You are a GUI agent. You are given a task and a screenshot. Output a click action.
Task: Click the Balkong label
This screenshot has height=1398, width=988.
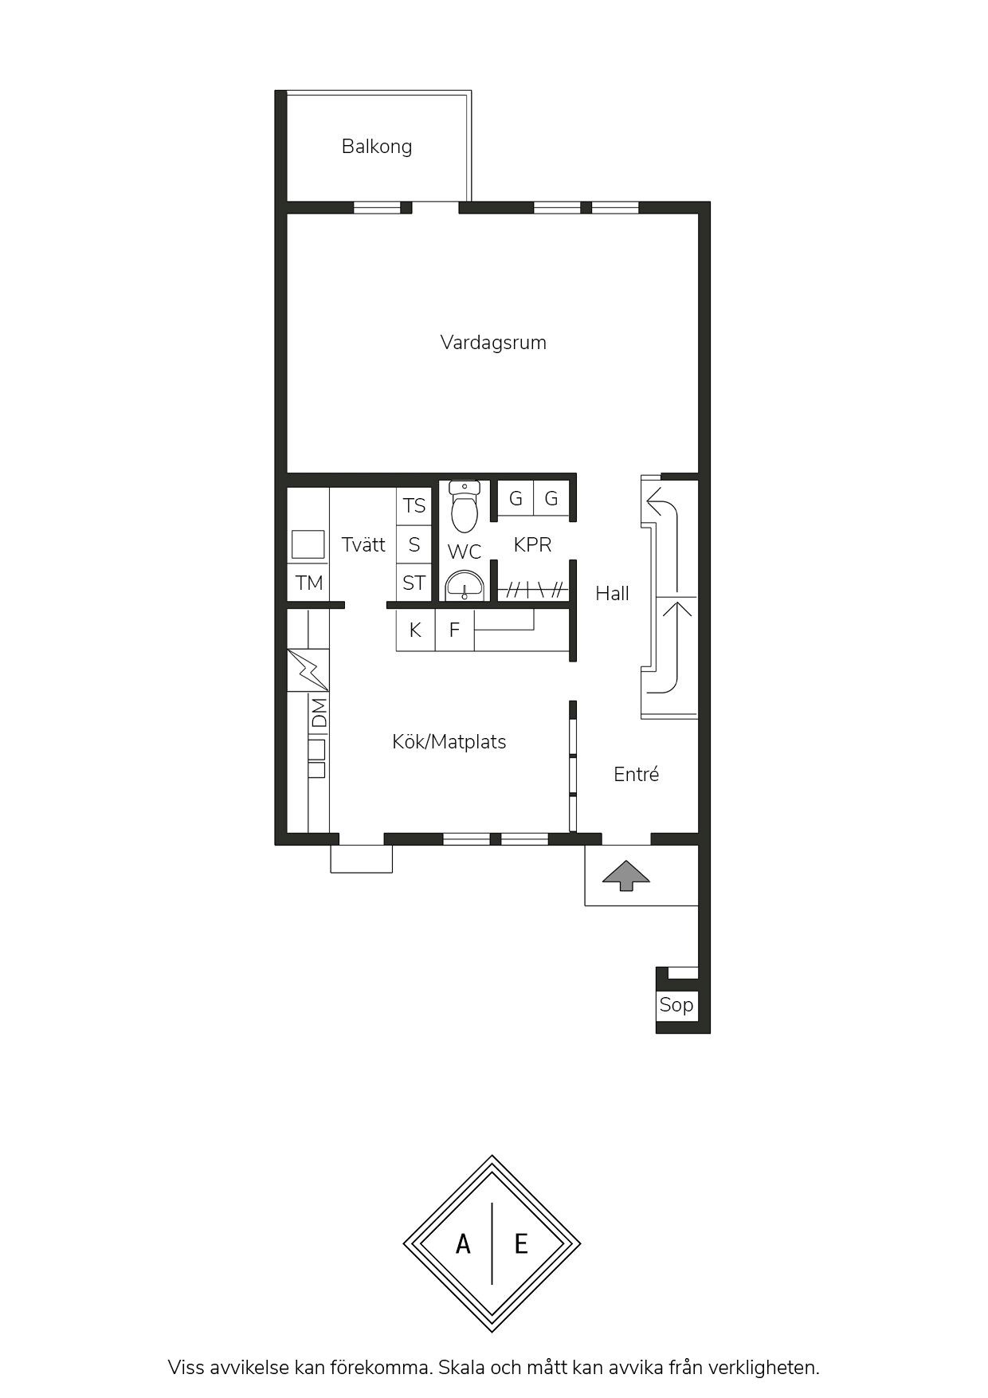(x=377, y=147)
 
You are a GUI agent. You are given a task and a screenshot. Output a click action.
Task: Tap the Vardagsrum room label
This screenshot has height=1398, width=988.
(x=493, y=343)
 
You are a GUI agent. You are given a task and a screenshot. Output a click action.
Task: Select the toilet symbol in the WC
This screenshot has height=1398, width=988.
(x=465, y=506)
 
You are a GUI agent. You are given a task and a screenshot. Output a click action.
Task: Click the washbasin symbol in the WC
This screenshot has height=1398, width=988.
(x=465, y=586)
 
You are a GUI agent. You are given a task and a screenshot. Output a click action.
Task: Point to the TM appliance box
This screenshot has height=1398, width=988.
(x=308, y=583)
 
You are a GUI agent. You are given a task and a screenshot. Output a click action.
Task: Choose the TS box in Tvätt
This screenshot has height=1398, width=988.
(x=414, y=506)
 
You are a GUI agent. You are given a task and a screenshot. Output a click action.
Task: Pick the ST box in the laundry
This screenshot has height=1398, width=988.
(x=414, y=583)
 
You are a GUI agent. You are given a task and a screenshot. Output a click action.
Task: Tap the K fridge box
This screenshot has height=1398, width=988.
(x=415, y=630)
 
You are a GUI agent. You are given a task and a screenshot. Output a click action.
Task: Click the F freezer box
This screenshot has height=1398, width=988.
(x=454, y=630)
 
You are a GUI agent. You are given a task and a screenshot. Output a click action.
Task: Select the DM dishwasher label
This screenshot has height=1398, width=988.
(x=319, y=713)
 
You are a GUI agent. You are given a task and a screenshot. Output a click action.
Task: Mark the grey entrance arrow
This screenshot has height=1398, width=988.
(x=625, y=875)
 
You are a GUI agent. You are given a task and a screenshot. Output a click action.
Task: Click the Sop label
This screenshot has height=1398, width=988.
(x=676, y=1005)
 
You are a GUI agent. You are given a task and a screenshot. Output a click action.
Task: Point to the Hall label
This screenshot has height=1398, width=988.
(x=612, y=593)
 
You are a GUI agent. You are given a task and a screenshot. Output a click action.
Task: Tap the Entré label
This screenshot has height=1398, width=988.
(x=636, y=774)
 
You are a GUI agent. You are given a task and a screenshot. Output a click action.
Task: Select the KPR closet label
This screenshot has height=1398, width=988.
(x=532, y=545)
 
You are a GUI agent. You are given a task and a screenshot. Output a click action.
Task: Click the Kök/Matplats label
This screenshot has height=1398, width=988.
(x=449, y=742)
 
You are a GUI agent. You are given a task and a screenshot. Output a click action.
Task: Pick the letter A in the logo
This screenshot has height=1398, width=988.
(x=463, y=1243)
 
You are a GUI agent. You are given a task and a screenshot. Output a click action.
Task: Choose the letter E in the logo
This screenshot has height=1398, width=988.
(x=521, y=1243)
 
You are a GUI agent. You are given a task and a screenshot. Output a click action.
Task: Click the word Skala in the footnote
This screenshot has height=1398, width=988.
(x=465, y=1368)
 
